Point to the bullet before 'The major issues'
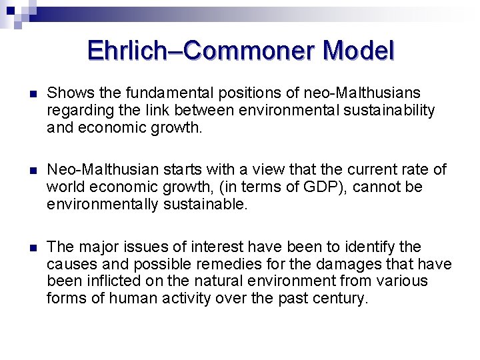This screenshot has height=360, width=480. (26, 248)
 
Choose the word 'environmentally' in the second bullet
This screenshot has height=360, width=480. (102, 205)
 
